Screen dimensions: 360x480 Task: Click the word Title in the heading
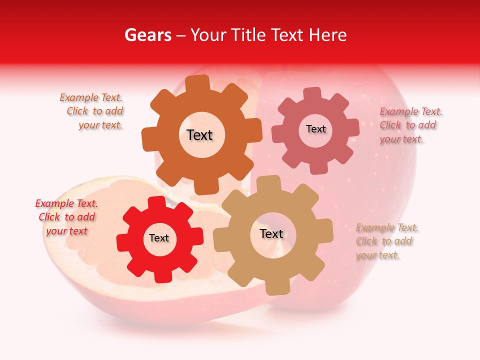249,35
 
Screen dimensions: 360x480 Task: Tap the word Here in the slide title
328,35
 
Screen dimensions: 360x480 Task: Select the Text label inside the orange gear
199,135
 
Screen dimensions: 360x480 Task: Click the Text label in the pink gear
315,129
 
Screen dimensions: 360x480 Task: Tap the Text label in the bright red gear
159,238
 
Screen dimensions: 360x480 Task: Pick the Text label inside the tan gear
271,233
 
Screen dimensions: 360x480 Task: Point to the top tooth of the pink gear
312,93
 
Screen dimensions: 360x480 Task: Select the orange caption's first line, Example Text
91,98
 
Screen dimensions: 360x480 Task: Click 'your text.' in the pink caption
401,139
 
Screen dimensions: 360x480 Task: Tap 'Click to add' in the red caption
67,217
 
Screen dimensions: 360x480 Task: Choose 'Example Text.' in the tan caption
387,228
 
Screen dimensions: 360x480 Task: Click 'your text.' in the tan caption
377,255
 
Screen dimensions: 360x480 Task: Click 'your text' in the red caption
67,231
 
